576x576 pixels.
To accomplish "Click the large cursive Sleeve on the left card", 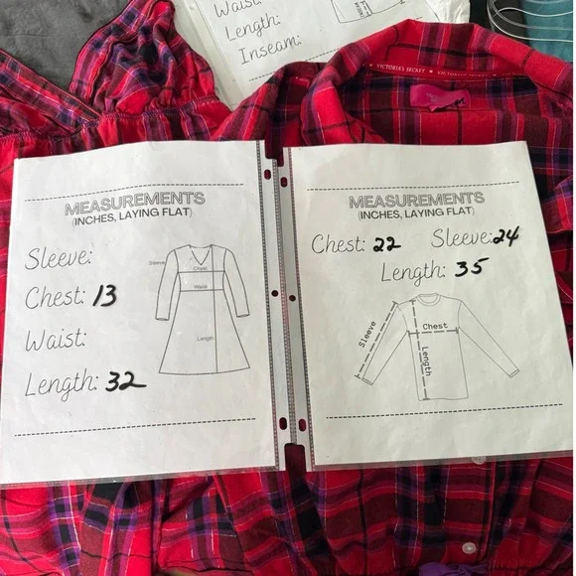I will coord(59,259).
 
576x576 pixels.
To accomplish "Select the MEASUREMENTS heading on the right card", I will coord(416,201).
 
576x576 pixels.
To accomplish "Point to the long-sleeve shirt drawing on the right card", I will coord(437,343).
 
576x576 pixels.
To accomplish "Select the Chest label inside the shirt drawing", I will coord(435,326).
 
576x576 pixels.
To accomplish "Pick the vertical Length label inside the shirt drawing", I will coord(425,364).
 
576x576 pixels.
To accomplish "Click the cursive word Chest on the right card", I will coord(337,244).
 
